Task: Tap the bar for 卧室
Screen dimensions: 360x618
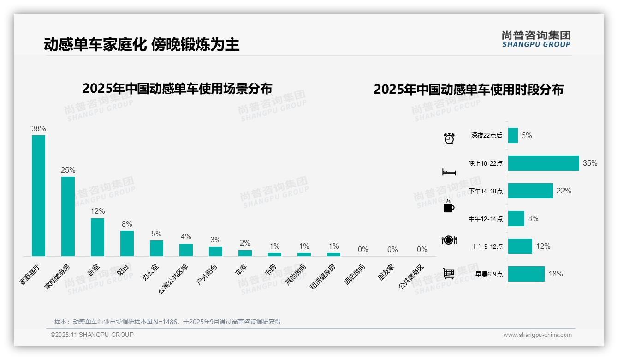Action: pyautogui.click(x=97, y=237)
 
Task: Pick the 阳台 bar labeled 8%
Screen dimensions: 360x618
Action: pyautogui.click(x=127, y=243)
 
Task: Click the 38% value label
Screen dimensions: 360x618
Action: pyautogui.click(x=38, y=129)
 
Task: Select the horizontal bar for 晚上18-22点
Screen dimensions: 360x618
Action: pyautogui.click(x=543, y=163)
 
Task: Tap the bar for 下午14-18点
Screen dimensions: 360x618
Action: pyautogui.click(x=530, y=191)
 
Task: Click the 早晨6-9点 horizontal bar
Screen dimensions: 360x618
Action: pyautogui.click(x=526, y=274)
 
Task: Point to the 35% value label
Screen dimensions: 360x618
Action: pyautogui.click(x=590, y=163)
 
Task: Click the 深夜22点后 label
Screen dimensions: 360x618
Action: pyautogui.click(x=487, y=136)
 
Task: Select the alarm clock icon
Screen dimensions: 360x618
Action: pyautogui.click(x=449, y=138)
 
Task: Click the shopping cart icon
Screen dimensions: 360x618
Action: pyautogui.click(x=449, y=274)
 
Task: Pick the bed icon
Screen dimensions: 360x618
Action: pyautogui.click(x=449, y=172)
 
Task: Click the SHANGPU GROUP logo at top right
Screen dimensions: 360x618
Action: pyautogui.click(x=536, y=39)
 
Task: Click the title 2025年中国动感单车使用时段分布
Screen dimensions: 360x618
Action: pyautogui.click(x=469, y=90)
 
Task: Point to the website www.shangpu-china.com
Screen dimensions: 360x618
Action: pyautogui.click(x=537, y=335)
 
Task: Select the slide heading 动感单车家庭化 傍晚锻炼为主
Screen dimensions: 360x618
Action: pyautogui.click(x=142, y=45)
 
